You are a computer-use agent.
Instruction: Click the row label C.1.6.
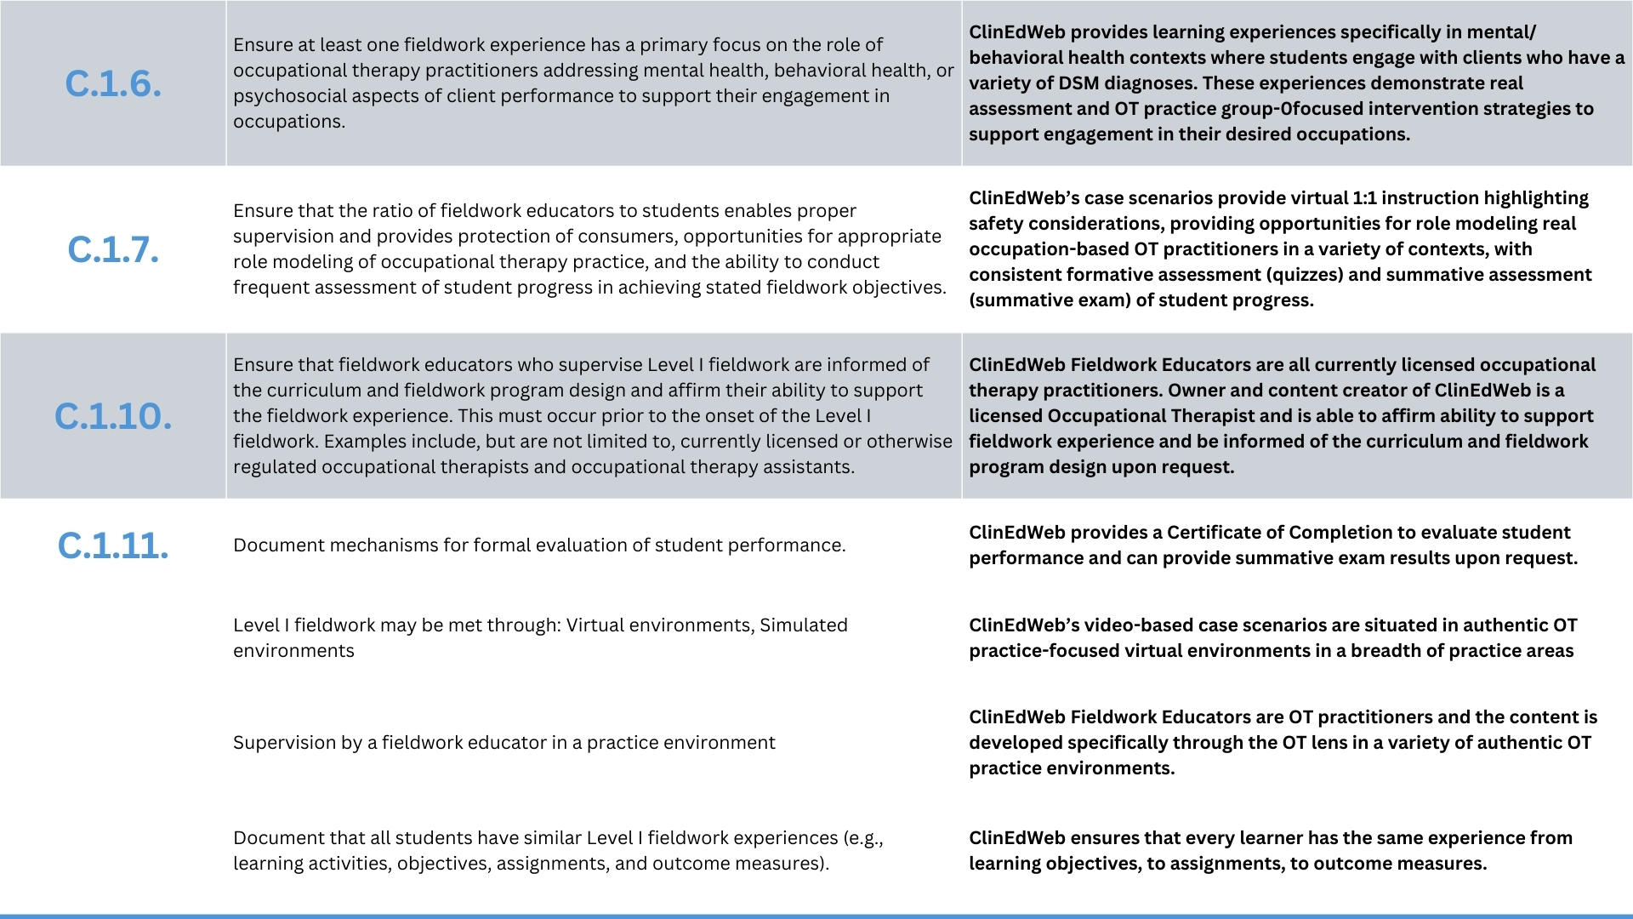tap(113, 83)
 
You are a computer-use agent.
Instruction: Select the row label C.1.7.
tap(113, 249)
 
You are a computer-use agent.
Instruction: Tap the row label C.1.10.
tap(113, 416)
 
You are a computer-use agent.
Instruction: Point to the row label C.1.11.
tap(113, 545)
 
